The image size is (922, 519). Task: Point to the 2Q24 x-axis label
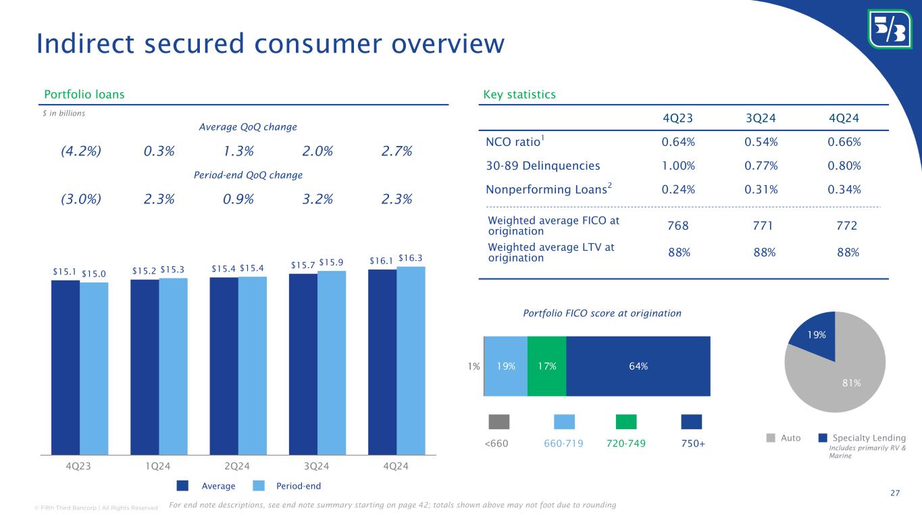237,466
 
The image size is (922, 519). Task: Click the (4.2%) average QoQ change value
81,151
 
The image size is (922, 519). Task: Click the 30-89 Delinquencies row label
543,166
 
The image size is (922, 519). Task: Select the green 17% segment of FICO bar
546,366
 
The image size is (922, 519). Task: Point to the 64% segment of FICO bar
638,366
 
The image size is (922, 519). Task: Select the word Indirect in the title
88,44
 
